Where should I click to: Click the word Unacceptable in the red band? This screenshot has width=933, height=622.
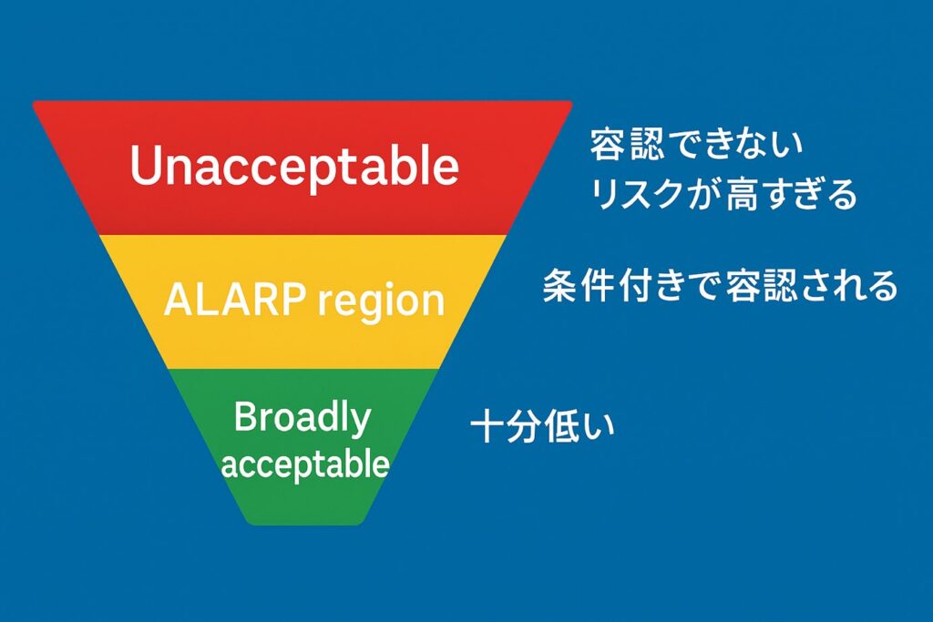tap(294, 166)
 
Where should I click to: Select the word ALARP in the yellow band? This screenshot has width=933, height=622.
tap(235, 299)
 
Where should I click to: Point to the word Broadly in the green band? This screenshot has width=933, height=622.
tap(302, 418)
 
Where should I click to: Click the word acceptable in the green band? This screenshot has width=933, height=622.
tap(304, 464)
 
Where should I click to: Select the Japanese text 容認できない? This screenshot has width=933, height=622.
tap(696, 145)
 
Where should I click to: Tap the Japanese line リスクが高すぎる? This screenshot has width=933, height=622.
tap(723, 194)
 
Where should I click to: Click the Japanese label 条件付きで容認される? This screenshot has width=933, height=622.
tap(720, 286)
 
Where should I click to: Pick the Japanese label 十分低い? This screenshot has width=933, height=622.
tap(542, 427)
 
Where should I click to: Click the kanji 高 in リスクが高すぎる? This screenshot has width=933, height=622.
tap(743, 194)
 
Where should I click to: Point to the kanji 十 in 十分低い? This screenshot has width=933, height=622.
tap(488, 427)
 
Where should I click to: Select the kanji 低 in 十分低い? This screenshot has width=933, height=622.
tap(560, 427)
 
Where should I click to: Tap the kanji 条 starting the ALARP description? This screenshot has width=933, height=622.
tap(560, 286)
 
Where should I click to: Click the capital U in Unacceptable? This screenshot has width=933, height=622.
tap(146, 166)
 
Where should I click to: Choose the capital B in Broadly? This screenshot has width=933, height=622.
tap(246, 417)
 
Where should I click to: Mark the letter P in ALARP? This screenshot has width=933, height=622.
tap(294, 299)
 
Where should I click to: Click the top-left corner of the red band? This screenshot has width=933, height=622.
tap(34, 102)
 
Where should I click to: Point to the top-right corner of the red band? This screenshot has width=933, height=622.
tap(571, 102)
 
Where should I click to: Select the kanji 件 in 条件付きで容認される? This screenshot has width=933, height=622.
tap(597, 286)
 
